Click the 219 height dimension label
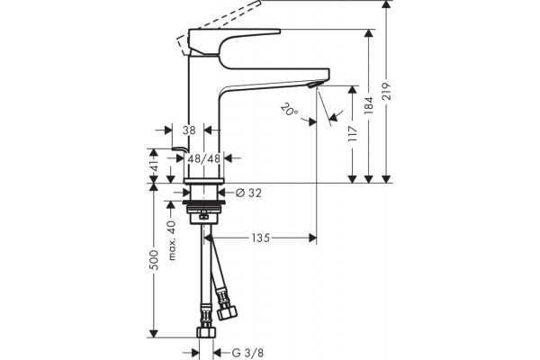(x=387, y=91)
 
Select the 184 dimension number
(x=369, y=105)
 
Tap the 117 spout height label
(x=352, y=134)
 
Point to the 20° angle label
(x=289, y=110)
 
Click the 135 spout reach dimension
(x=260, y=238)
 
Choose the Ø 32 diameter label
(x=248, y=193)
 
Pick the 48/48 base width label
(x=204, y=158)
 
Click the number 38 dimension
(x=189, y=130)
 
